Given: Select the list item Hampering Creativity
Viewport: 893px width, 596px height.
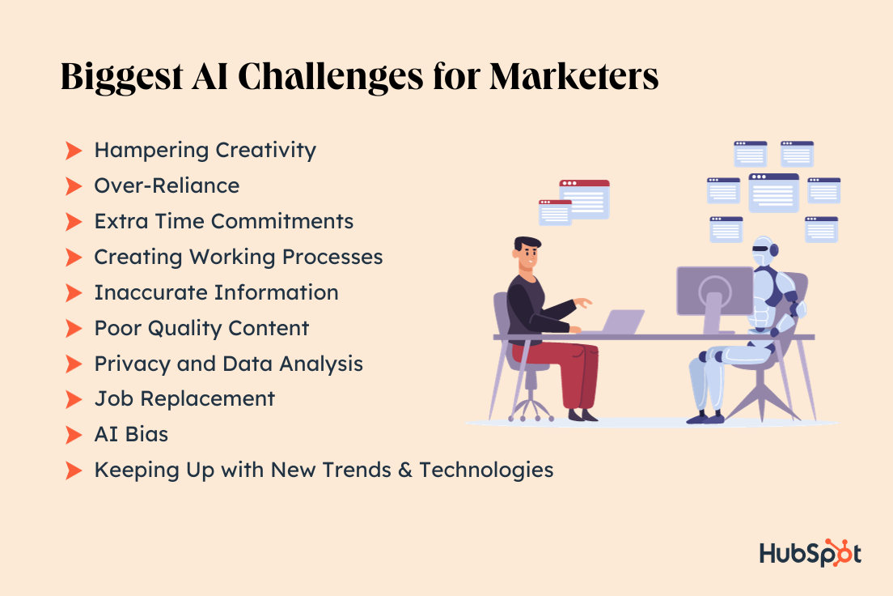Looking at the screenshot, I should tap(205, 150).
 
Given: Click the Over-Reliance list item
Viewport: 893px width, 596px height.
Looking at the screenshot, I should tap(167, 185).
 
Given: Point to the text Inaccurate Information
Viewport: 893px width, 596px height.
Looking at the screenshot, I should tap(216, 292).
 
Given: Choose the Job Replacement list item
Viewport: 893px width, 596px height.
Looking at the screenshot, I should tap(184, 398).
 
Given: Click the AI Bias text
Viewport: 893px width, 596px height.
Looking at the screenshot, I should tap(131, 434).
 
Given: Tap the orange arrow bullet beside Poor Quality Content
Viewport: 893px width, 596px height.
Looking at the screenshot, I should tap(74, 328).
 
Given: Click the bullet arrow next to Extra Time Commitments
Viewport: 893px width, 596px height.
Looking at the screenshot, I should tap(74, 221).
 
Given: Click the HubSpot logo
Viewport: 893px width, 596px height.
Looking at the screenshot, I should tap(810, 553).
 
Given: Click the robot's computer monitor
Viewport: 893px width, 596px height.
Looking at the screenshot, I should tap(713, 290).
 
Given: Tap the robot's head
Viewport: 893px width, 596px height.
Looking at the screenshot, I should tap(764, 252).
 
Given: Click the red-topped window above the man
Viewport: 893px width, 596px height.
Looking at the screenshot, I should tap(584, 198).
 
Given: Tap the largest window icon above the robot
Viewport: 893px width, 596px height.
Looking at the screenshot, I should tap(773, 192).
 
